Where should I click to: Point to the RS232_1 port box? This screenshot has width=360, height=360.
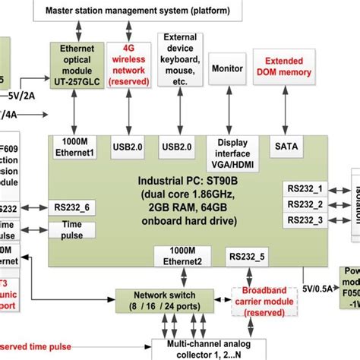305,187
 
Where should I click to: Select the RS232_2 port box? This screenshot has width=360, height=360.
305,204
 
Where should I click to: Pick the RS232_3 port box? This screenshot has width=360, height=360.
305,220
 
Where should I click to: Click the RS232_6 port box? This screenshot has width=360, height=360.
70,207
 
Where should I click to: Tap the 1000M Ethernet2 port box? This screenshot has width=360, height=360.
178,257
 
